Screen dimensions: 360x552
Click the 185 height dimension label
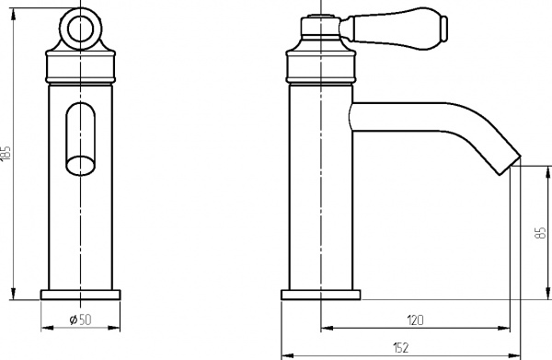pos(8,153)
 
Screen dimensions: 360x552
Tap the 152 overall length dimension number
pos(400,347)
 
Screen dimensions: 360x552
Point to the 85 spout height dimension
pos(539,234)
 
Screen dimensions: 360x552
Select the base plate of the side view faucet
pos(320,295)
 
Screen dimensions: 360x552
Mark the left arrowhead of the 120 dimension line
pos(325,328)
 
